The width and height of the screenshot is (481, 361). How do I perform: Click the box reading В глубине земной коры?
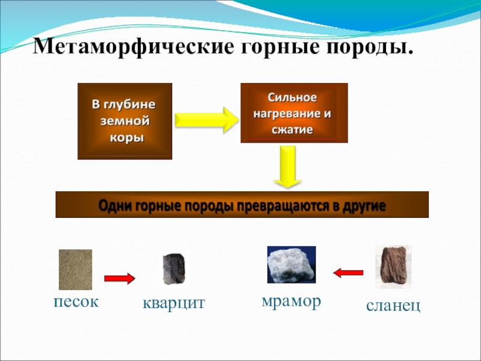pyautogui.click(x=124, y=121)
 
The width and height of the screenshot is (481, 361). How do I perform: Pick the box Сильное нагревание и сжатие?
pyautogui.click(x=294, y=113)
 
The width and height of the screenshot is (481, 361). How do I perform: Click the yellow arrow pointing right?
pyautogui.click(x=206, y=120)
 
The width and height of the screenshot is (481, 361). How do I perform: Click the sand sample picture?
pyautogui.click(x=75, y=270)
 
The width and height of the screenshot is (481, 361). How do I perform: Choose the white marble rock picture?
pyautogui.click(x=291, y=265)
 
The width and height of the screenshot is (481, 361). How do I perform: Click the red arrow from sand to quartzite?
pyautogui.click(x=120, y=278)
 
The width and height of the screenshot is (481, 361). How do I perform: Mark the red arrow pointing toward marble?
pyautogui.click(x=349, y=273)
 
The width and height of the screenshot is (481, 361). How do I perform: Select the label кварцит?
pyautogui.click(x=174, y=304)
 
